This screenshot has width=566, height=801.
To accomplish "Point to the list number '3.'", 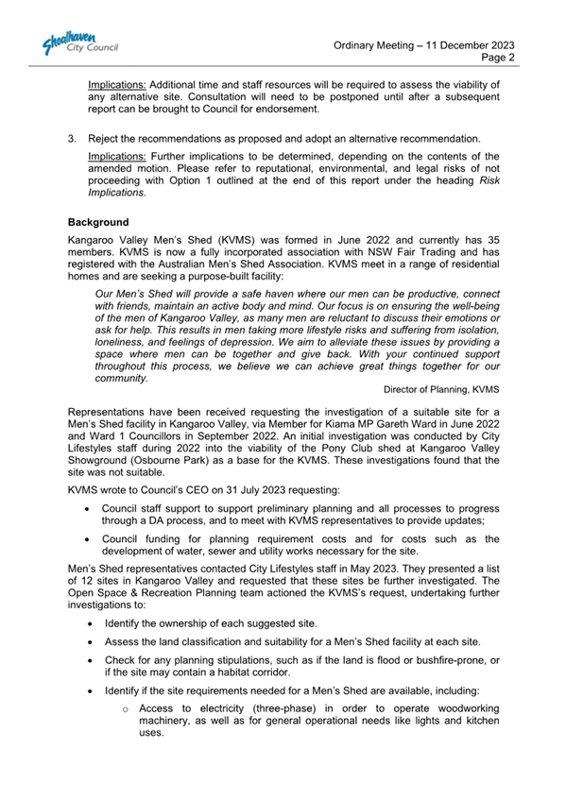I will tap(72, 139).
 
